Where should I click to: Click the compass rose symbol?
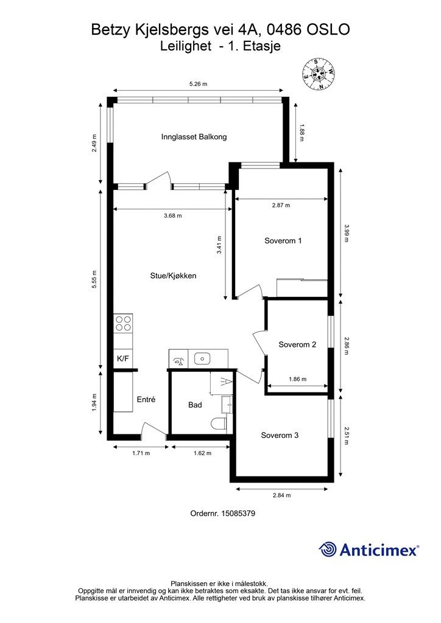coord(318,74)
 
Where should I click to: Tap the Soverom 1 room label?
coord(283,241)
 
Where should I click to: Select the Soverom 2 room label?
coord(297,344)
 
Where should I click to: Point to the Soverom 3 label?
coord(280,436)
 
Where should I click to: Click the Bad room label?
coord(195,405)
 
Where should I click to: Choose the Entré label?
coord(146,400)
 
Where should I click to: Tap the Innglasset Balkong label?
coord(194,137)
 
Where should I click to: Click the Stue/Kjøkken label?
coord(174,276)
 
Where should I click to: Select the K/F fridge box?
coord(123,359)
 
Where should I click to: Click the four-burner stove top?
coord(123,324)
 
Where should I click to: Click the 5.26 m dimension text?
coord(198,84)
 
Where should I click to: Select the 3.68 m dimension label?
coord(172,216)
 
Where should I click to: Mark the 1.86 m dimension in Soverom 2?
coord(297,379)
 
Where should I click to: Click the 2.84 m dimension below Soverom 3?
coord(281,495)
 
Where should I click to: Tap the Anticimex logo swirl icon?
coord(328,549)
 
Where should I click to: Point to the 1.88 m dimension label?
coord(302,133)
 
